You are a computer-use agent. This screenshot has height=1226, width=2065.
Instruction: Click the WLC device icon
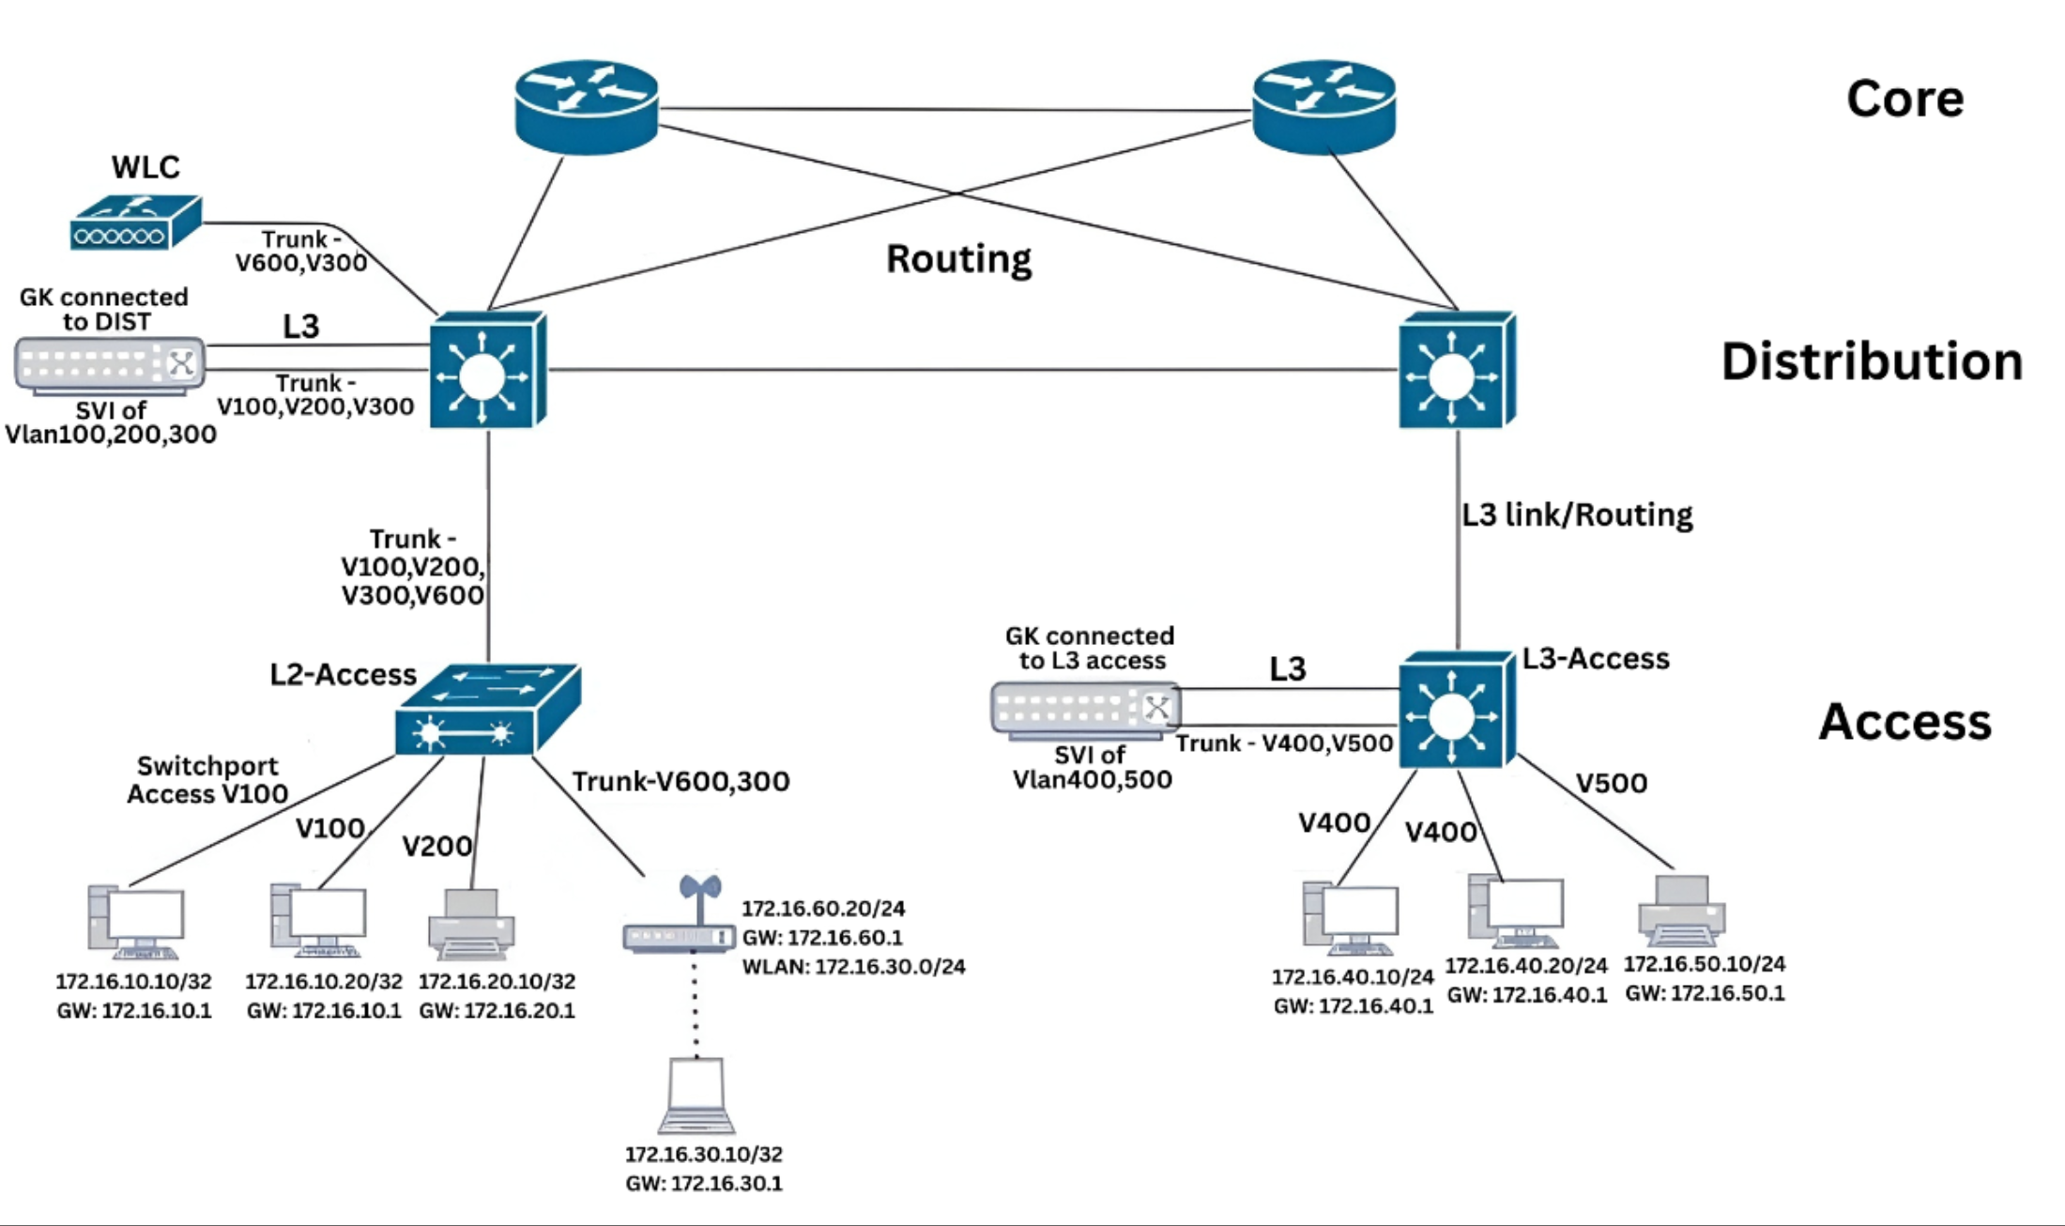pos(135,222)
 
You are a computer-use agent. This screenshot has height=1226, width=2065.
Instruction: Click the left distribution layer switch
pos(487,371)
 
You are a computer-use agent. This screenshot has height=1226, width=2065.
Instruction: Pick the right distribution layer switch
pos(1456,371)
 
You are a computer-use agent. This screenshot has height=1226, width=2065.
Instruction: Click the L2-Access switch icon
pos(486,711)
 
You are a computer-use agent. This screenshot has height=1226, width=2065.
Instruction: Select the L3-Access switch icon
pos(1456,711)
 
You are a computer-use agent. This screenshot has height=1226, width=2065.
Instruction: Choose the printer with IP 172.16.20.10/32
pos(471,925)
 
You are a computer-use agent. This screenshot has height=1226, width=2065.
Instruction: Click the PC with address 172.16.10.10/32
pos(136,922)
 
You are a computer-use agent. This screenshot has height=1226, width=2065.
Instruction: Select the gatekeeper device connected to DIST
pos(110,364)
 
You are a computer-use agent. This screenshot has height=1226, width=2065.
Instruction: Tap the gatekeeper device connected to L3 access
pos(1086,709)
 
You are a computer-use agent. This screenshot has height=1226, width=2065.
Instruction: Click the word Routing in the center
pos(958,259)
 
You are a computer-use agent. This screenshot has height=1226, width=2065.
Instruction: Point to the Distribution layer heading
pos(1871,362)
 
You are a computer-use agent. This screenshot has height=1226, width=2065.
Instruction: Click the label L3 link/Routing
pos(1577,514)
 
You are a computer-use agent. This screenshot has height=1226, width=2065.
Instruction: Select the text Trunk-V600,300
pos(681,781)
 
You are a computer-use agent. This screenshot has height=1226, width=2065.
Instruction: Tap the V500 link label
pos(1611,783)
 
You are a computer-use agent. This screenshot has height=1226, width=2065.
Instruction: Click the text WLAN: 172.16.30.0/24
pos(853,967)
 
